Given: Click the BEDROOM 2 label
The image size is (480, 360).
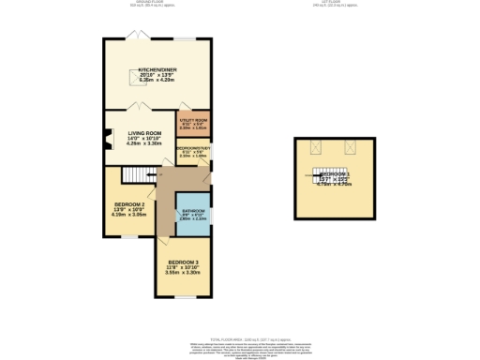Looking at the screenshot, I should [129, 204].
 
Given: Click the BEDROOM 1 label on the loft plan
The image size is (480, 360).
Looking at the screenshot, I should [335, 175].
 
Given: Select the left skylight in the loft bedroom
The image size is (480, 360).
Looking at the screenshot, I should [317, 146].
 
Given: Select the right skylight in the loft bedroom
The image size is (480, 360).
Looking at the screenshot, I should [352, 146].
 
